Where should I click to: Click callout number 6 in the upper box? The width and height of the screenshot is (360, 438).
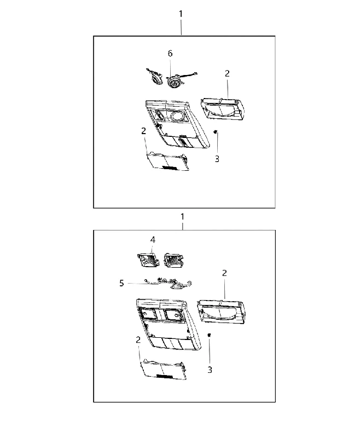click(x=170, y=53)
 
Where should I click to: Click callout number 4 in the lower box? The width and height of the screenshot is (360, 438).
click(x=153, y=240)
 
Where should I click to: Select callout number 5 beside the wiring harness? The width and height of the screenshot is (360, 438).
click(x=121, y=283)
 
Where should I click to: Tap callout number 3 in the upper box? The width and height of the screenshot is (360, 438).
click(x=217, y=159)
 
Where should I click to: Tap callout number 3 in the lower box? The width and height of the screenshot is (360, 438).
click(x=210, y=370)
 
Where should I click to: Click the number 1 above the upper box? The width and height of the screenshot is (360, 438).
click(x=181, y=14)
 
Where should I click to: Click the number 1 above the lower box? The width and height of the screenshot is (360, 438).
click(x=182, y=216)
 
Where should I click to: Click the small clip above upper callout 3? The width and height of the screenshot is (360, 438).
click(x=215, y=132)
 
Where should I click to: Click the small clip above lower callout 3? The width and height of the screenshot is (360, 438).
click(x=210, y=335)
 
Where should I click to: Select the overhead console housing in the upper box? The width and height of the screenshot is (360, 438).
click(x=177, y=124)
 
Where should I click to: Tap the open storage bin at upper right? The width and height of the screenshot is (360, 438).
click(x=223, y=110)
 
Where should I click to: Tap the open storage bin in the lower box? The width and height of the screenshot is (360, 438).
click(x=220, y=312)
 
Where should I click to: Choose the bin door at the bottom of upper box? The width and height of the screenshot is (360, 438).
click(x=168, y=161)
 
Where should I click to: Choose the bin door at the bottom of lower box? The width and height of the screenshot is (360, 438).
click(x=163, y=369)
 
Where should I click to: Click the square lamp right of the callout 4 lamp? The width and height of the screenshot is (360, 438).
click(x=173, y=260)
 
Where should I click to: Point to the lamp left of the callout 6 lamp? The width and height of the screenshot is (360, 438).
click(x=154, y=76)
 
